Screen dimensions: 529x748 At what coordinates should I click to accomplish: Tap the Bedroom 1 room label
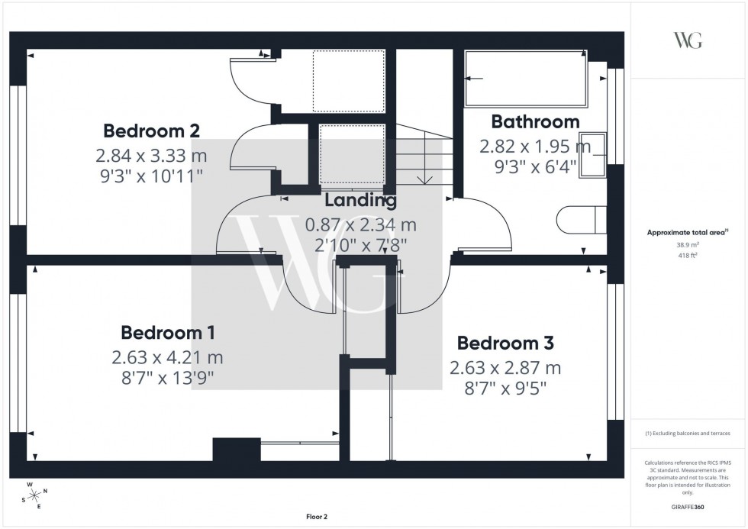point(167,333)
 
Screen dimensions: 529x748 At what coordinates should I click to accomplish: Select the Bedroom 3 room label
point(505,343)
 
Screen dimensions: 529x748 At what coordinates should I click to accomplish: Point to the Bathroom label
point(535,121)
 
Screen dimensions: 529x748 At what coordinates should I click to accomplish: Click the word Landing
point(360,201)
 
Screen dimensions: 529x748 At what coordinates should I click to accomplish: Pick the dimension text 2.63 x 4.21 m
point(167,356)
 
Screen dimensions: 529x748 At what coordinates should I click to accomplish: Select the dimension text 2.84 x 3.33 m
point(151,156)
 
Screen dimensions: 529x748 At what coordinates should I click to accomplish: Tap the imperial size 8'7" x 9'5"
point(505,389)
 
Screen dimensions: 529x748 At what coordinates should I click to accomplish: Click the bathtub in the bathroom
point(526,79)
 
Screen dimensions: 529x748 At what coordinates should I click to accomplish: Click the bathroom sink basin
point(593,154)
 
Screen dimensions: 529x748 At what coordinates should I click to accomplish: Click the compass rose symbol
point(33,495)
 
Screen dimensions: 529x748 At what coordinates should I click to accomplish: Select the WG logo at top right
point(687,40)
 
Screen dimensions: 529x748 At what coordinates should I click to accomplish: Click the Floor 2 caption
point(316,517)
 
